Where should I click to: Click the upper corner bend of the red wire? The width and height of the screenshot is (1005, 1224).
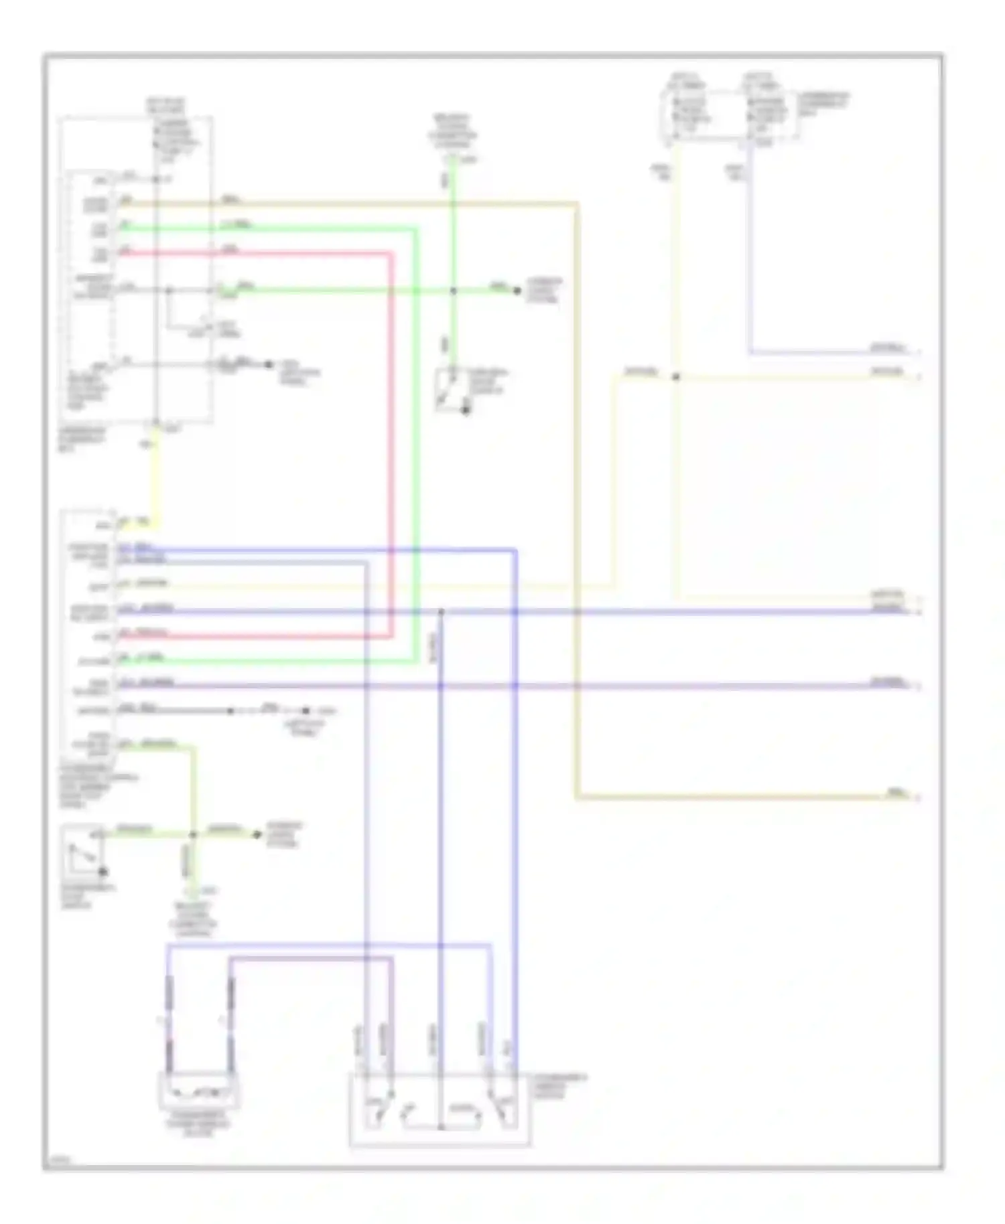(x=391, y=254)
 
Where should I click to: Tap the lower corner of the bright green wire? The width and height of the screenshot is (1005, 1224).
(x=416, y=662)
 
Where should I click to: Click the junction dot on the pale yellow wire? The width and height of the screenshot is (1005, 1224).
(x=675, y=378)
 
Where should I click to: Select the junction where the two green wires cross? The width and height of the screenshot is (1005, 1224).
(x=453, y=291)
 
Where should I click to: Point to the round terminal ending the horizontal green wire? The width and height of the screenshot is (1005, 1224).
(x=517, y=291)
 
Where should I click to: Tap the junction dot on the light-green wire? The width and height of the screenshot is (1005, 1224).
(x=193, y=834)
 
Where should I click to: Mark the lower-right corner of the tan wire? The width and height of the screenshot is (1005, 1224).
(x=577, y=797)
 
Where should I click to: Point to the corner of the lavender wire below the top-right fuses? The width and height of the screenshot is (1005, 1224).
(x=750, y=352)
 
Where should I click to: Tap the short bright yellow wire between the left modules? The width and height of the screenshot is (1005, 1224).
(x=155, y=475)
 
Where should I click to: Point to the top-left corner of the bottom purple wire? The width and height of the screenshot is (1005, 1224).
(x=231, y=959)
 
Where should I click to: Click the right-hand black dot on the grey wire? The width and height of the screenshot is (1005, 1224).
(x=306, y=710)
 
